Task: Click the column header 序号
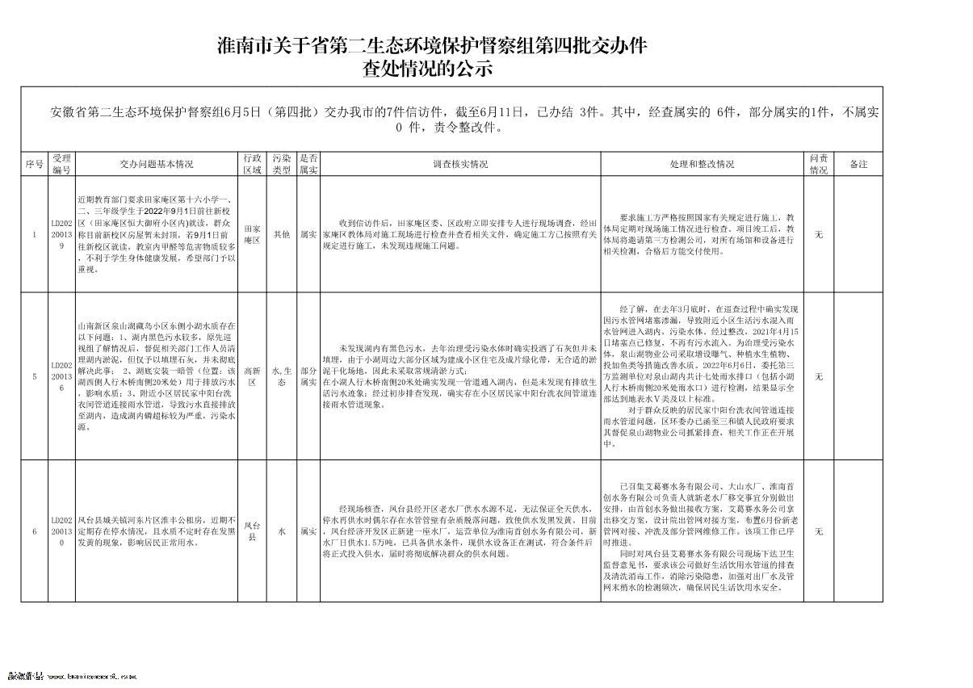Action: coord(34,164)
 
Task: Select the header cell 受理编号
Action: coord(62,164)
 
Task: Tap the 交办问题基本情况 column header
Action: coord(157,164)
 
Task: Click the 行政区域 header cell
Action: coord(252,164)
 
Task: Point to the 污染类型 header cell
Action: coord(281,164)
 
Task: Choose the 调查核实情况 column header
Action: coord(460,164)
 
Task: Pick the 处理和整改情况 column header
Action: coord(702,164)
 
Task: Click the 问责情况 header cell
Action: coord(818,164)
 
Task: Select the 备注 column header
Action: coord(858,164)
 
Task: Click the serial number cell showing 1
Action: coord(34,235)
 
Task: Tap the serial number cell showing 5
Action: coord(34,376)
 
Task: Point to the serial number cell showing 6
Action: coord(34,531)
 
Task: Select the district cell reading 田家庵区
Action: coord(252,235)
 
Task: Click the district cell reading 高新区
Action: coord(252,376)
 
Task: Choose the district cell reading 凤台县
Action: coord(252,531)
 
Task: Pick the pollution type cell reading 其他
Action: coord(281,235)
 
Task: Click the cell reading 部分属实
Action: coord(308,376)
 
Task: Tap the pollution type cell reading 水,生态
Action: coord(281,376)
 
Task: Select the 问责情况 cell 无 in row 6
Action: coord(818,531)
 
